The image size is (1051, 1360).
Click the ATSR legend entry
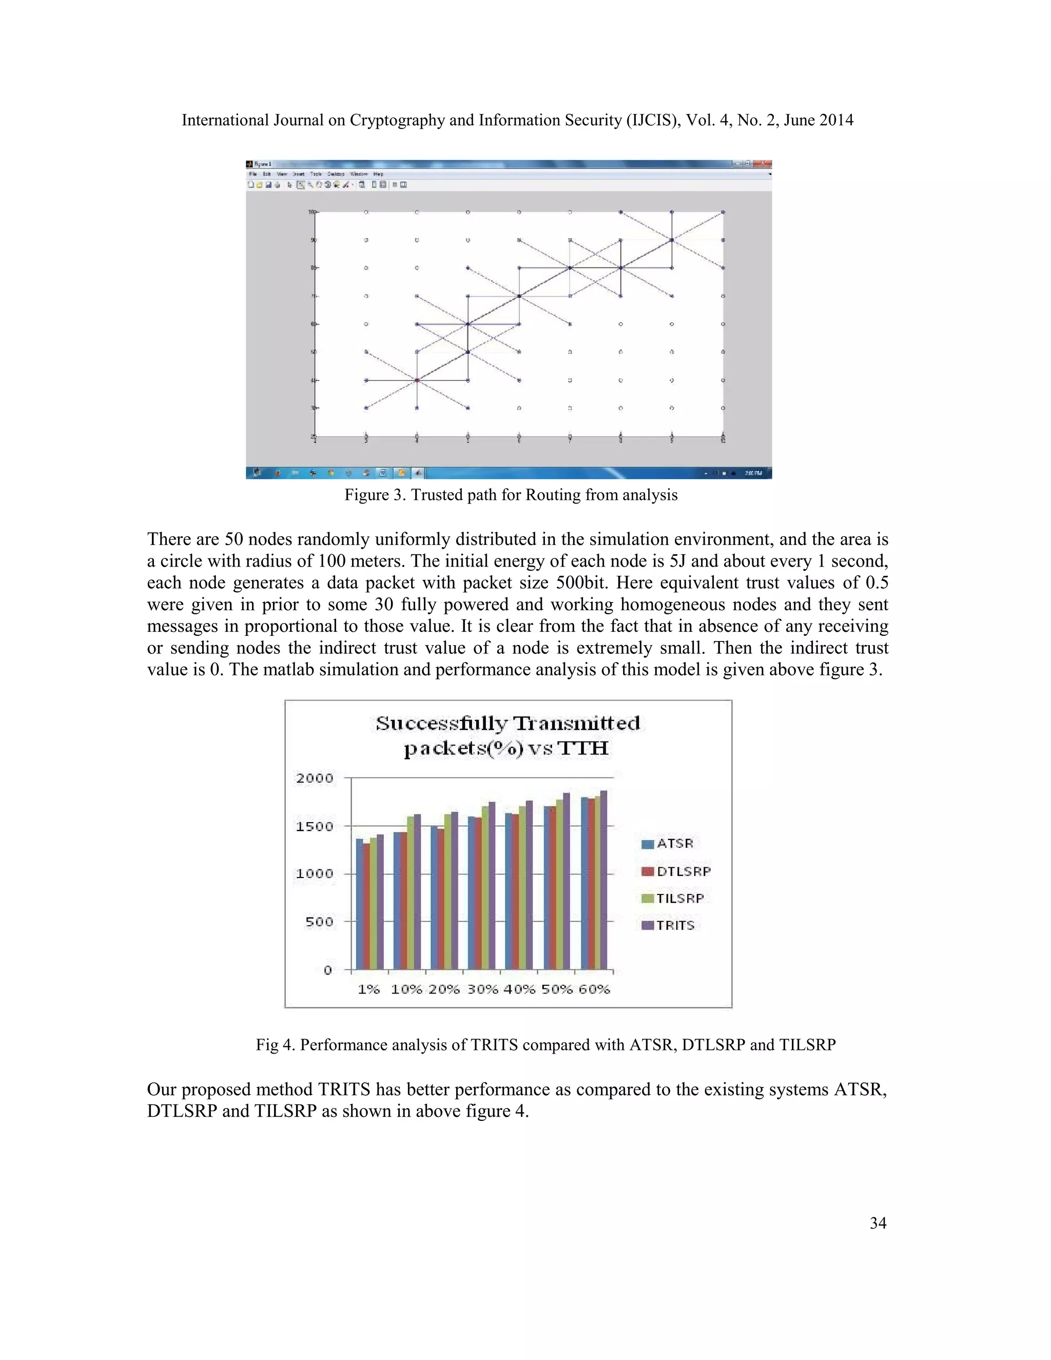pyautogui.click(x=674, y=843)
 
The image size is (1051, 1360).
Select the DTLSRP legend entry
pyautogui.click(x=683, y=871)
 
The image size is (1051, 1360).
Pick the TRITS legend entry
pyautogui.click(x=674, y=925)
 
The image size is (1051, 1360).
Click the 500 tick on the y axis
pyautogui.click(x=319, y=922)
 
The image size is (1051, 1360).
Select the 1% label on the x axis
pyautogui.click(x=368, y=989)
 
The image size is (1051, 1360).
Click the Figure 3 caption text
pyautogui.click(x=511, y=495)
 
